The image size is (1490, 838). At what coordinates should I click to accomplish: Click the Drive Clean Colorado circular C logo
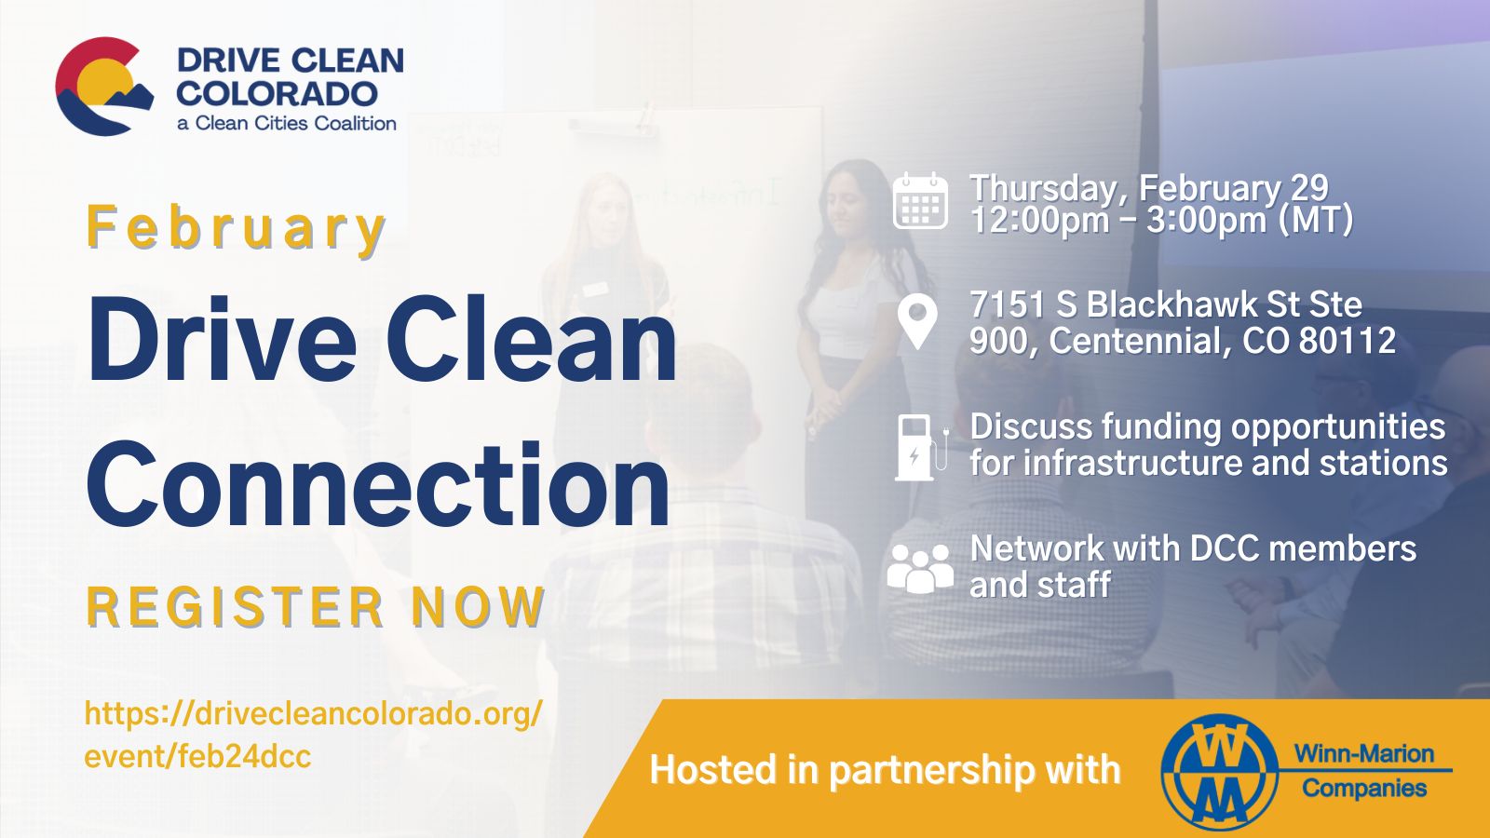(x=104, y=87)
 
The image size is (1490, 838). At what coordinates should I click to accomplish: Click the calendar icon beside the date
(x=920, y=201)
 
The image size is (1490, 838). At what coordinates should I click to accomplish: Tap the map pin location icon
(x=917, y=322)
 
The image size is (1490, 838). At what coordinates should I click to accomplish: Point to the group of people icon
(x=920, y=568)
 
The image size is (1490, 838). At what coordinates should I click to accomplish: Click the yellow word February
(x=236, y=228)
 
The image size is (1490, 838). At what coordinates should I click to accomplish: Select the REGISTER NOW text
(x=316, y=608)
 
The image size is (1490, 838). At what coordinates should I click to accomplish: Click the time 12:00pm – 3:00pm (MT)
(x=1161, y=222)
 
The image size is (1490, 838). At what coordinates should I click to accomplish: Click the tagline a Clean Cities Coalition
(x=287, y=123)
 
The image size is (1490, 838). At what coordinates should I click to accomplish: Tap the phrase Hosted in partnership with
(x=885, y=770)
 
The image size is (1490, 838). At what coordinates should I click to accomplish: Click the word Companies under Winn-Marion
(x=1364, y=789)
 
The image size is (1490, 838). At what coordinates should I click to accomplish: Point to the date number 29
(x=1308, y=188)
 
